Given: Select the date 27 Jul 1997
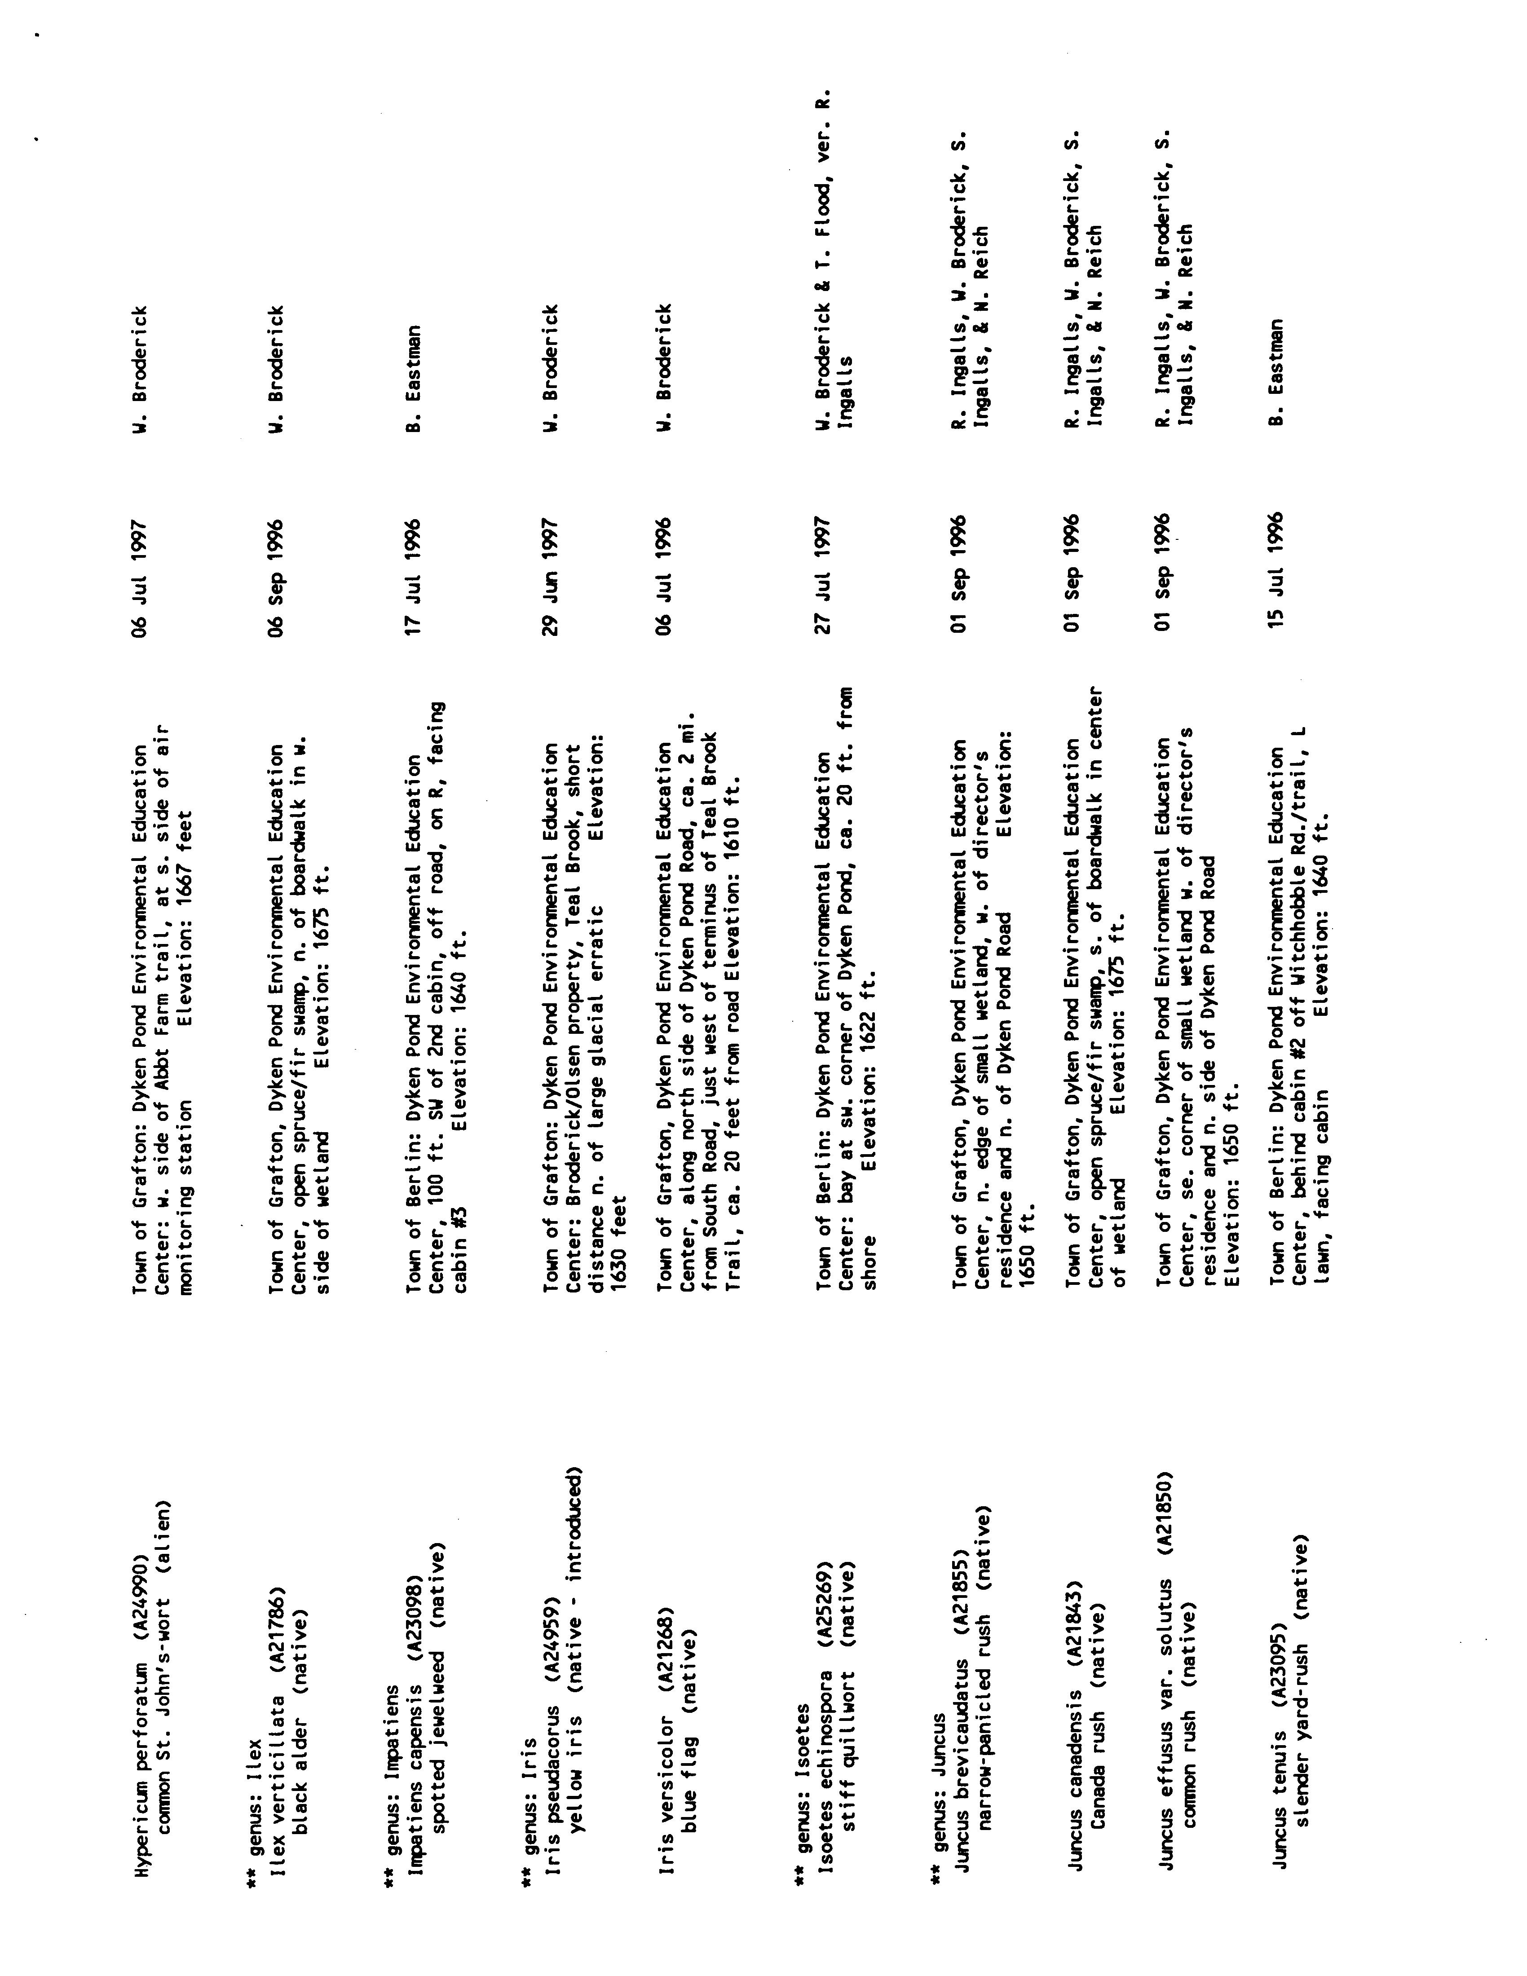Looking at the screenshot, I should tap(823, 575).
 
